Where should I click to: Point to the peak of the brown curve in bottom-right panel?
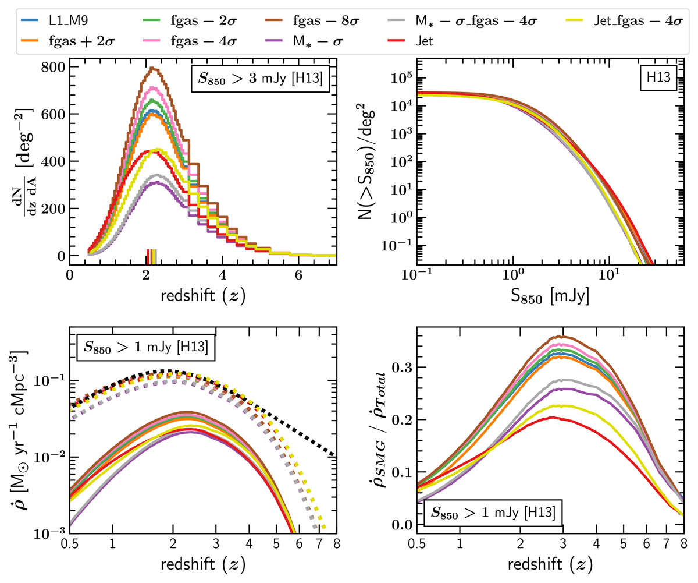[x=559, y=336]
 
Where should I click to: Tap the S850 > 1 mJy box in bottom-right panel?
[x=493, y=513]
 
